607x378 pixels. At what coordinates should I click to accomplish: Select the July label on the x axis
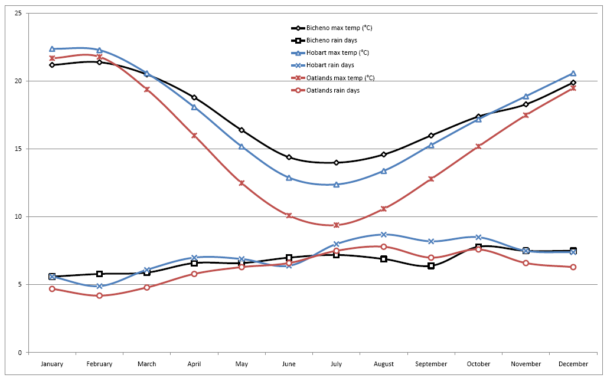point(336,364)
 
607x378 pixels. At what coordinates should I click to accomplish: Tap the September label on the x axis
point(431,364)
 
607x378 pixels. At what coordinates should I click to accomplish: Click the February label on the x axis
point(99,364)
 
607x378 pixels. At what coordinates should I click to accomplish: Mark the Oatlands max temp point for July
point(336,225)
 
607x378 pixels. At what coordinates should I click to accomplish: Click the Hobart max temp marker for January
point(52,49)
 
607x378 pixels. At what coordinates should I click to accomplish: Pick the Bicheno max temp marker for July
point(336,163)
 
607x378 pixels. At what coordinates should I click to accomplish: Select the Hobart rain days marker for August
point(384,235)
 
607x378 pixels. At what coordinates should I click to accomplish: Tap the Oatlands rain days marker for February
point(99,295)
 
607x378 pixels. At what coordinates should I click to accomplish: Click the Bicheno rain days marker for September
point(431,266)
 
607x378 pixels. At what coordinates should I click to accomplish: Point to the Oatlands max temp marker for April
point(194,136)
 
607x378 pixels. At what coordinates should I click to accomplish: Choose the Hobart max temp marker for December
point(573,74)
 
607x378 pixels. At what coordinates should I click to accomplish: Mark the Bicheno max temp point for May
point(242,130)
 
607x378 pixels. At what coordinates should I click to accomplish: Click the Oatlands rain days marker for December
point(573,267)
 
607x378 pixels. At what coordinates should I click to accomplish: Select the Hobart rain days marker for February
point(99,286)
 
